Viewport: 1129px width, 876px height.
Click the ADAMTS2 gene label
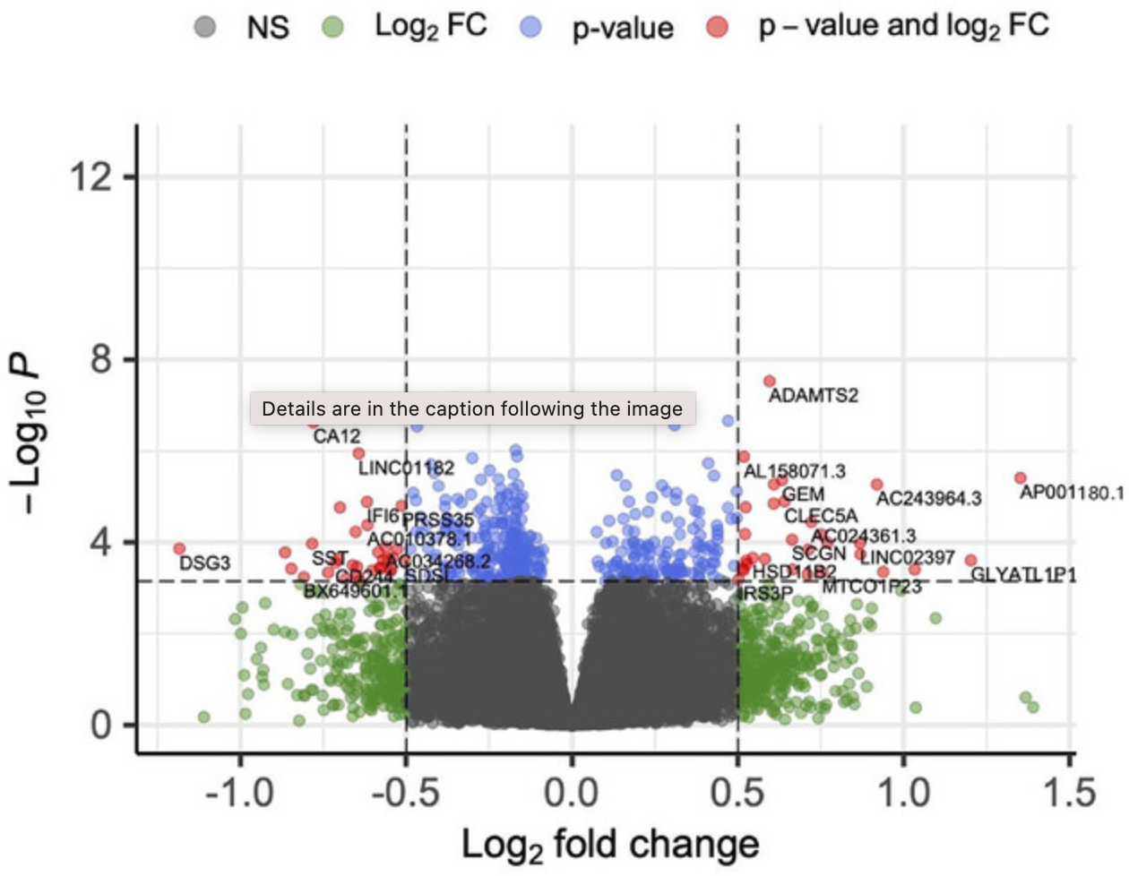(x=814, y=395)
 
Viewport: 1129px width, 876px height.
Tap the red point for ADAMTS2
(x=769, y=382)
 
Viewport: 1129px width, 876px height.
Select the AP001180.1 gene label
(x=1072, y=493)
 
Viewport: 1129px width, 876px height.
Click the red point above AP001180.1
(x=1020, y=478)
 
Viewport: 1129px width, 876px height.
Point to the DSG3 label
(x=205, y=563)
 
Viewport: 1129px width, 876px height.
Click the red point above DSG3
(x=179, y=548)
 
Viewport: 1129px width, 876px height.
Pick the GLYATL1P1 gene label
(x=1023, y=574)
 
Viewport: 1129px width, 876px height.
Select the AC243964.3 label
(x=928, y=498)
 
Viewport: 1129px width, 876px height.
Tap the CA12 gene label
(x=337, y=436)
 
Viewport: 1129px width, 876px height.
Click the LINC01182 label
(x=406, y=468)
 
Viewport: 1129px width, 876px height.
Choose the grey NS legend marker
(x=205, y=27)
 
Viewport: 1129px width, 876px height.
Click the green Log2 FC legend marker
(x=332, y=27)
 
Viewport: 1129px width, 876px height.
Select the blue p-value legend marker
(x=531, y=27)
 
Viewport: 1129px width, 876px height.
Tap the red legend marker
(x=718, y=27)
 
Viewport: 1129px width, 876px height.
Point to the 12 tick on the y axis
(x=94, y=176)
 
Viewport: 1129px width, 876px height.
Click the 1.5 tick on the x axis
(x=1070, y=793)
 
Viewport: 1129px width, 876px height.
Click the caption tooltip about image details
(x=472, y=409)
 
